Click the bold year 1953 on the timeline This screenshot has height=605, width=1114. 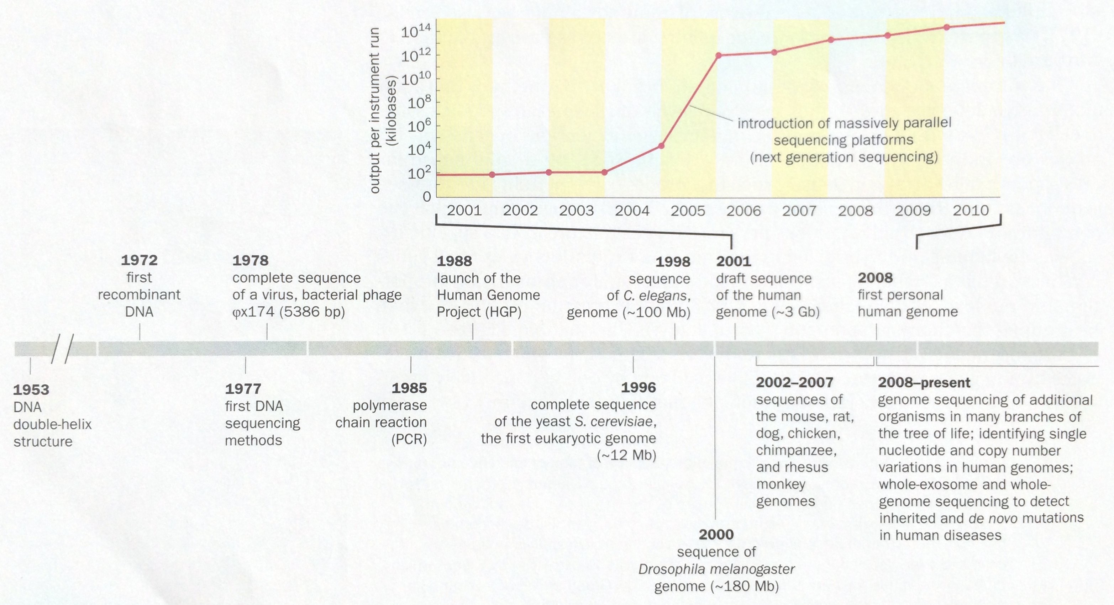[31, 390]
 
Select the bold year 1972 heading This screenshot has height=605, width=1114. [139, 260]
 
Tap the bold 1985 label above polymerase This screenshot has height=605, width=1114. [409, 388]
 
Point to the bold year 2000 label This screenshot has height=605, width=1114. [716, 535]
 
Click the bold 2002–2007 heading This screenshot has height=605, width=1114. [794, 382]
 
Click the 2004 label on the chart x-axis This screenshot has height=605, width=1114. [632, 211]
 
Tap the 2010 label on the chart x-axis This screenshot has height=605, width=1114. [971, 211]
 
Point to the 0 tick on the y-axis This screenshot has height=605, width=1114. [427, 197]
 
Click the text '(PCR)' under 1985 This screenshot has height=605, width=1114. [409, 440]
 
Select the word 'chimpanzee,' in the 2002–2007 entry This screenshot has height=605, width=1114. [796, 450]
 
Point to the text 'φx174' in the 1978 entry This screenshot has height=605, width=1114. [253, 312]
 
